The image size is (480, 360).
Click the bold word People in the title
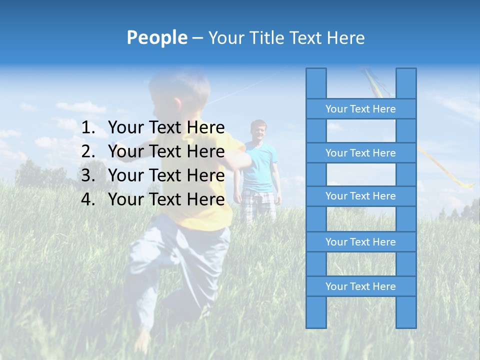click(156, 37)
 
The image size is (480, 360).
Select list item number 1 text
click(166, 128)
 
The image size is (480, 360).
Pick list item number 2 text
click(166, 151)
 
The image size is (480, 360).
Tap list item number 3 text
click(166, 175)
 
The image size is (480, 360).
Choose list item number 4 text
click(166, 199)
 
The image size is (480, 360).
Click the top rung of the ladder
click(360, 109)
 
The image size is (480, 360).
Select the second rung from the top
click(360, 153)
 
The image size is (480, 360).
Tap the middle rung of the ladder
click(360, 196)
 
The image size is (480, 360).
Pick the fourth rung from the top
click(360, 242)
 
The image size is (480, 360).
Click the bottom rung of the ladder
click(360, 286)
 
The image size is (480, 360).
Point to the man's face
click(258, 131)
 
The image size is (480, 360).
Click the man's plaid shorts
click(258, 205)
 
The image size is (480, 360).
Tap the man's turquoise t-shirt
click(260, 167)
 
